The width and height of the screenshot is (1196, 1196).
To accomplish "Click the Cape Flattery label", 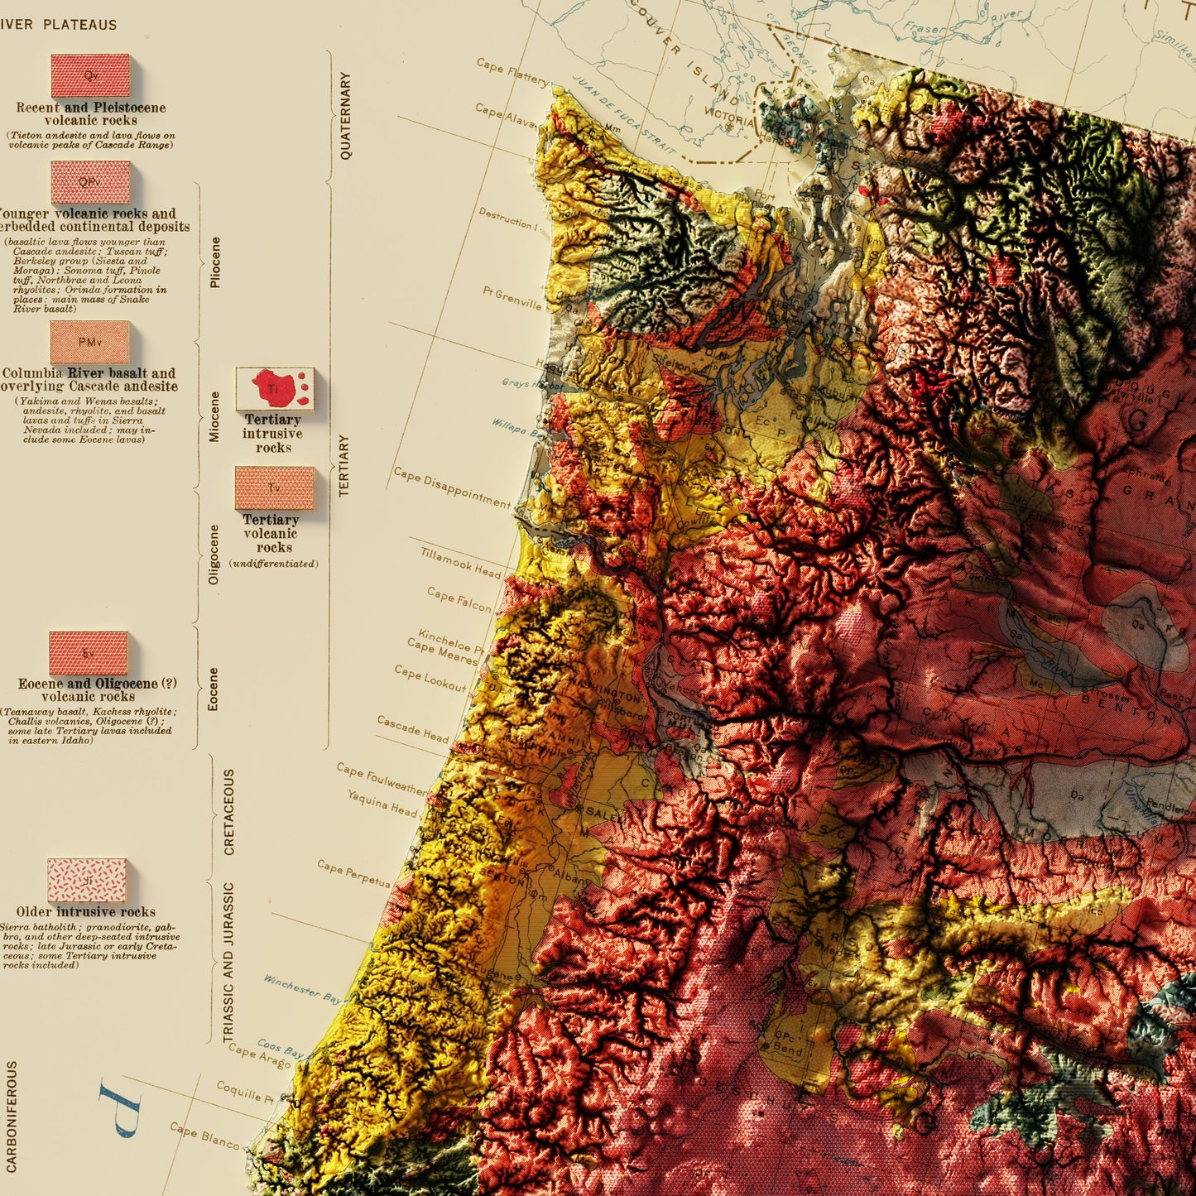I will [512, 71].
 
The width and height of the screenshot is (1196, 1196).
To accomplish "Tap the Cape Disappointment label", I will [451, 487].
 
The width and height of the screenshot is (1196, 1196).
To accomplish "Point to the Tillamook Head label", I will [460, 563].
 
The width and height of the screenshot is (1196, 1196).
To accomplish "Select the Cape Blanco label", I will [204, 1135].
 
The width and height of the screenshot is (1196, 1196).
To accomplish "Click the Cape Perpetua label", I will [353, 873].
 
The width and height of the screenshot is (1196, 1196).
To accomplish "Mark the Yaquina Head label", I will [382, 803].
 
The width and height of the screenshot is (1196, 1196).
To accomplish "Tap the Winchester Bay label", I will [302, 989].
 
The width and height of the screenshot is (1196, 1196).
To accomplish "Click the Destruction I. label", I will [507, 219].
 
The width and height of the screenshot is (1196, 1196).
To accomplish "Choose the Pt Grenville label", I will [512, 298].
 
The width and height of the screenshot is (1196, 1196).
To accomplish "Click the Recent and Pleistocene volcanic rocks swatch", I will [90, 76].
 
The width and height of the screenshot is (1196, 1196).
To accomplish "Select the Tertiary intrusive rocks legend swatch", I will [275, 389].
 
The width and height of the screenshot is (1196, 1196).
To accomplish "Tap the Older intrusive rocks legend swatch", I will [87, 880].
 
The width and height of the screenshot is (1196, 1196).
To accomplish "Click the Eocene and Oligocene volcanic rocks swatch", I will [89, 653].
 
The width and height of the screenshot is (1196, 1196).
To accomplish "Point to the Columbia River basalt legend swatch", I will [89, 343].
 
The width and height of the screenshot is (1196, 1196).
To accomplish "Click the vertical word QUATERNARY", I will [345, 116].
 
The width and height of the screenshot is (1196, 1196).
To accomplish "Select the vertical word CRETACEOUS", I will [229, 811].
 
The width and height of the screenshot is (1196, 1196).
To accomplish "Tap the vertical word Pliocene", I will [215, 262].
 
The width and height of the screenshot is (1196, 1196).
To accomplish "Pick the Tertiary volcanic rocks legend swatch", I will [275, 488].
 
